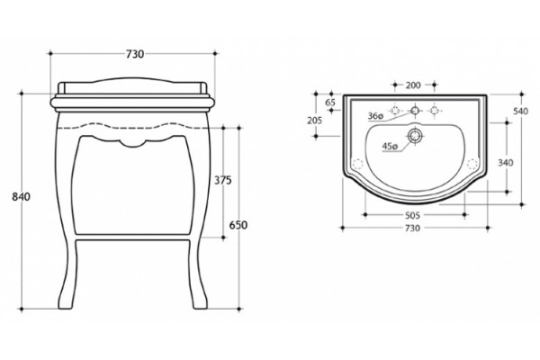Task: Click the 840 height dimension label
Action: coord(21,197)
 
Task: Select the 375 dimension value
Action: coord(223,180)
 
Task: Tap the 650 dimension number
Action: coord(238,225)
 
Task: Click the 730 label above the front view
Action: coord(135,54)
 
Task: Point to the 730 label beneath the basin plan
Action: coord(412,228)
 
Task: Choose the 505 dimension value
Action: coord(412,215)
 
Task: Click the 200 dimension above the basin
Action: coord(413,85)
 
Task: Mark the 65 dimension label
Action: coord(330,103)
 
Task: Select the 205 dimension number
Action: coord(314,121)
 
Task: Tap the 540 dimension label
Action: coord(520,112)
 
